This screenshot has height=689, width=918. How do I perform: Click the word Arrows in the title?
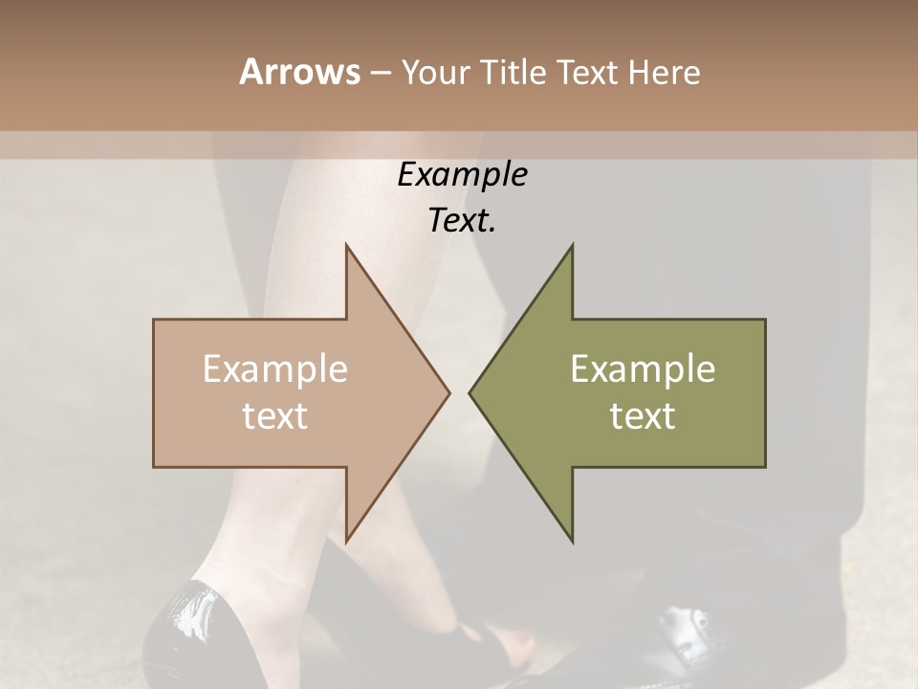click(298, 72)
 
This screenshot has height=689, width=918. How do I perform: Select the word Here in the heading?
click(664, 72)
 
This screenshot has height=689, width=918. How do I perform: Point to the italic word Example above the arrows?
click(462, 175)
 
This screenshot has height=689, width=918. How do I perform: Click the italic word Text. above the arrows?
click(462, 221)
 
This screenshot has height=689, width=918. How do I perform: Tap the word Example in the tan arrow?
click(274, 369)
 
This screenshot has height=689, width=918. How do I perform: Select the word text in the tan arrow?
click(274, 416)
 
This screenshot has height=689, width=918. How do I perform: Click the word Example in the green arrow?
click(643, 369)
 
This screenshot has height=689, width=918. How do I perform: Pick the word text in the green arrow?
click(643, 416)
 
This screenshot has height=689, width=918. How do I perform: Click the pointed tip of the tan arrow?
click(448, 392)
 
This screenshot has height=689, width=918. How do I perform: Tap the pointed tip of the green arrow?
click(470, 392)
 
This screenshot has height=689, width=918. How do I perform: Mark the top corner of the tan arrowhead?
click(346, 245)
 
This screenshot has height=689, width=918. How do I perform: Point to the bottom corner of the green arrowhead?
click(573, 542)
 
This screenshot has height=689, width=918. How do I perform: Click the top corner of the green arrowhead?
click(573, 245)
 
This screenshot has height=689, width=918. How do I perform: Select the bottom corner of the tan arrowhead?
click(346, 542)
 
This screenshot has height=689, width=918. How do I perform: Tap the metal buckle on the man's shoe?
click(687, 632)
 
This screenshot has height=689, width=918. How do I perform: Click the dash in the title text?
click(379, 74)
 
